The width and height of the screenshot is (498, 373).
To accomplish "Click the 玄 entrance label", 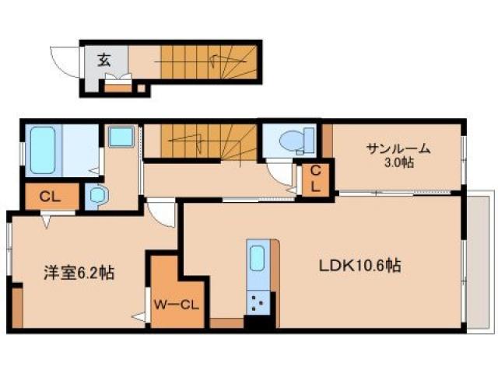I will click(x=103, y=58).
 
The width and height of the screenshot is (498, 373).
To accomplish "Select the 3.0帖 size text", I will click(x=398, y=164).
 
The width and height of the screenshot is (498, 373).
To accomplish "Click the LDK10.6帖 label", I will click(x=359, y=266).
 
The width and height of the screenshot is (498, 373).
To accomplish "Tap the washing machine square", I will click(x=121, y=138).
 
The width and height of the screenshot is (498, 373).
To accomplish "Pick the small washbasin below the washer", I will click(x=96, y=196).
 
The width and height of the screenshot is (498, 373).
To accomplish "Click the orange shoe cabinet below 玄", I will click(x=119, y=85).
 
